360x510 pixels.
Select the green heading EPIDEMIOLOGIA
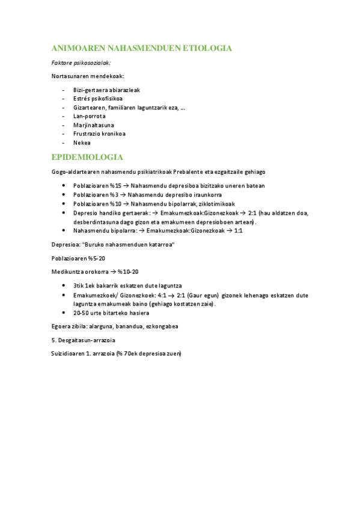(x=88, y=158)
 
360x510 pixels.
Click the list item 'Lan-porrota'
(x=89, y=116)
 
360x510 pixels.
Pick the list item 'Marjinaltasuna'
(x=93, y=125)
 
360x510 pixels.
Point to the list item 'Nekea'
(x=82, y=143)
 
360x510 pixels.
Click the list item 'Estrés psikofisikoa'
(x=98, y=99)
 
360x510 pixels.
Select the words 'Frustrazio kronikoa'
(x=99, y=134)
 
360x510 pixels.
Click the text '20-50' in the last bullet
(x=81, y=313)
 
